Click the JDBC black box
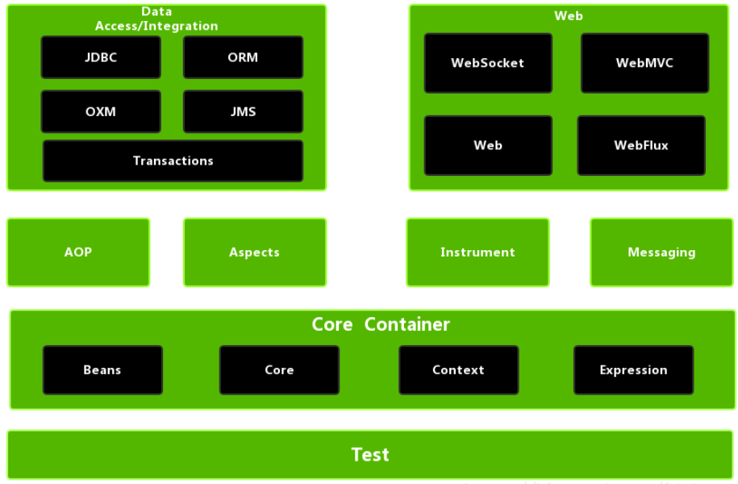click(x=101, y=57)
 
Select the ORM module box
click(x=243, y=57)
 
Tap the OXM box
click(x=101, y=111)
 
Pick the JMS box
click(x=243, y=111)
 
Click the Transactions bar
click(x=173, y=161)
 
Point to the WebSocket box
click(x=488, y=63)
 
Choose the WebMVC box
click(x=644, y=63)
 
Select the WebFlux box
click(x=641, y=145)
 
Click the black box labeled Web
click(x=488, y=145)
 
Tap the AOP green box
click(x=78, y=252)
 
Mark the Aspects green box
click(x=254, y=252)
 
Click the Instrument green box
click(x=477, y=252)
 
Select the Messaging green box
click(x=661, y=252)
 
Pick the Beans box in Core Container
click(x=102, y=369)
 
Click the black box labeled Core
click(x=279, y=369)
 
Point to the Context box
click(x=458, y=369)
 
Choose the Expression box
click(x=633, y=369)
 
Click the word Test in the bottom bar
click(x=370, y=454)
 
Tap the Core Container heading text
click(x=381, y=324)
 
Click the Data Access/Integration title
click(x=156, y=19)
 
